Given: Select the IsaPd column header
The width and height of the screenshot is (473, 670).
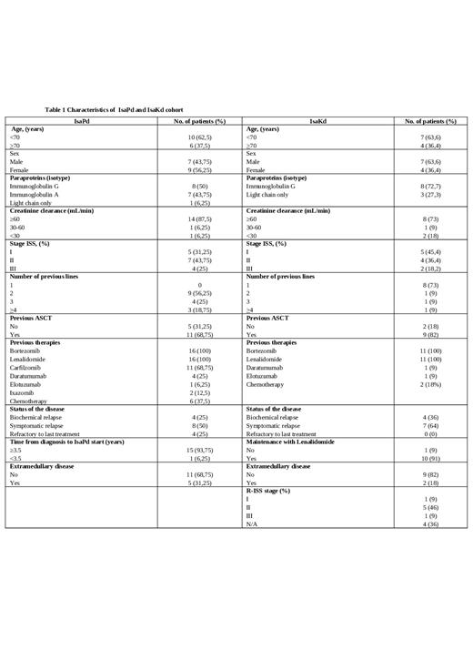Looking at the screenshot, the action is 82,121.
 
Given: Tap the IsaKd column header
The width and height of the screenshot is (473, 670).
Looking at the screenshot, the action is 318,121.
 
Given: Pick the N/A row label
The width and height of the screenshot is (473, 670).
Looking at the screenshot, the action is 252,524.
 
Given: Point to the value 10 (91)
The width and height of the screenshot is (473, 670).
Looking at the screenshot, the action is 431,458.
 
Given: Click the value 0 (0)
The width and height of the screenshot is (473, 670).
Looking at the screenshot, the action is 431,433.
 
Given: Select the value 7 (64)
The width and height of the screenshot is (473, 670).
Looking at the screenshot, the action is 431,425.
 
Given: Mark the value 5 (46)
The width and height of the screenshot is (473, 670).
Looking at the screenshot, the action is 431,508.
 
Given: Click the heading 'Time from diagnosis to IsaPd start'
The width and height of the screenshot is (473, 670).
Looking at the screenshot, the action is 73,441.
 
